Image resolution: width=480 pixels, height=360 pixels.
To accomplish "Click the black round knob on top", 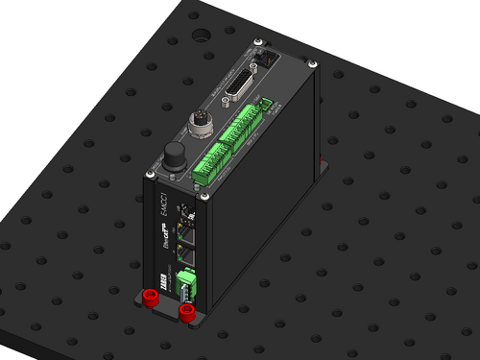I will pos(173,154).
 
